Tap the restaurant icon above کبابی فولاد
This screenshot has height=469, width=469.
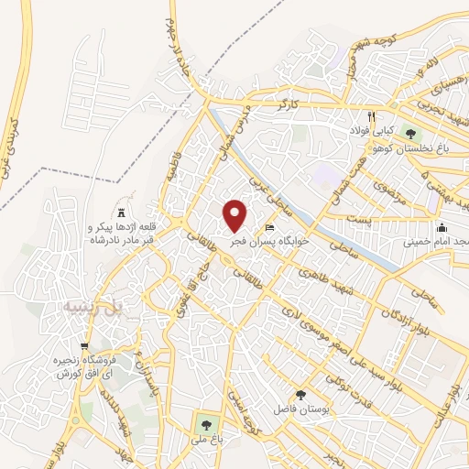pos(371,116)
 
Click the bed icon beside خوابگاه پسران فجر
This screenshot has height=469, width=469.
pos(268,228)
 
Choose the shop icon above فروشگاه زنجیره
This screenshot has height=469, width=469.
pos(84,347)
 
